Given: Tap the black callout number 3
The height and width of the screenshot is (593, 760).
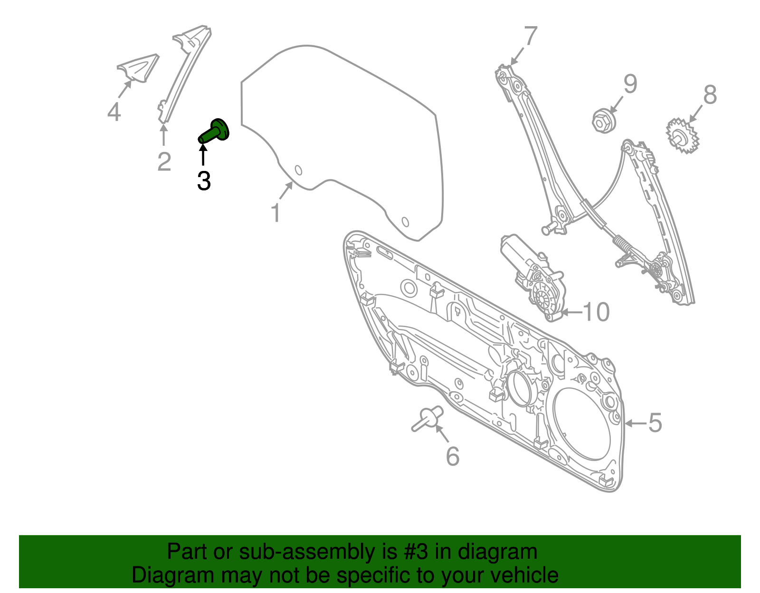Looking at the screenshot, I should click(x=204, y=181).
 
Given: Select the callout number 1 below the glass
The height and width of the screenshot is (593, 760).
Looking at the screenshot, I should click(x=276, y=213).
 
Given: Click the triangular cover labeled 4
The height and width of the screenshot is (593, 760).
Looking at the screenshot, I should click(x=138, y=68).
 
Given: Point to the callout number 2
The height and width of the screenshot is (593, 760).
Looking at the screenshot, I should click(x=164, y=161).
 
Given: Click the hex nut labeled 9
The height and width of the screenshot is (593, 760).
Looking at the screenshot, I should click(x=604, y=121).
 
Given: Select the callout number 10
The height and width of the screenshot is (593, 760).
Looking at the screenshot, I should click(x=596, y=312).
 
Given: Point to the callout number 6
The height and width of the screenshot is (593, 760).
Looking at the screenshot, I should click(x=453, y=456).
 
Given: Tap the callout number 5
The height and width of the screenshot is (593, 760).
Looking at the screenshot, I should click(x=655, y=423).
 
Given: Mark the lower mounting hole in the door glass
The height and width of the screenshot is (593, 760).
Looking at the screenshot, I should click(x=405, y=222).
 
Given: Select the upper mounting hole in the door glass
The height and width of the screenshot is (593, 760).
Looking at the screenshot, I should click(x=298, y=170).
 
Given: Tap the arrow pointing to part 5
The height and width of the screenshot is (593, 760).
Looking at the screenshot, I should click(x=634, y=423).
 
